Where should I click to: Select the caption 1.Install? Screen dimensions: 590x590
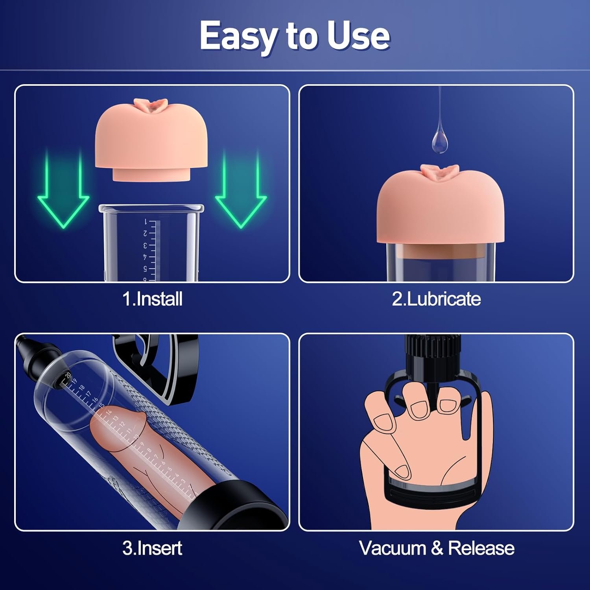(153, 299)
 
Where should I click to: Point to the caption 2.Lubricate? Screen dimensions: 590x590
(436, 299)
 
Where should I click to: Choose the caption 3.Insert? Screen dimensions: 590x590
(152, 548)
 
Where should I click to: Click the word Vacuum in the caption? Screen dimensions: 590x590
(392, 548)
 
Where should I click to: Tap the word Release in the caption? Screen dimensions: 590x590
(481, 548)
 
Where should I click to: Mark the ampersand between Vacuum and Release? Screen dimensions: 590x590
(437, 548)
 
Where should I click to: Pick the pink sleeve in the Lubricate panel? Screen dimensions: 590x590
(440, 208)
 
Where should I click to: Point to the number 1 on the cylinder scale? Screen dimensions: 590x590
(145, 222)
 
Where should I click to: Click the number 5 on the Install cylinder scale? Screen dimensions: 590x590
(145, 269)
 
